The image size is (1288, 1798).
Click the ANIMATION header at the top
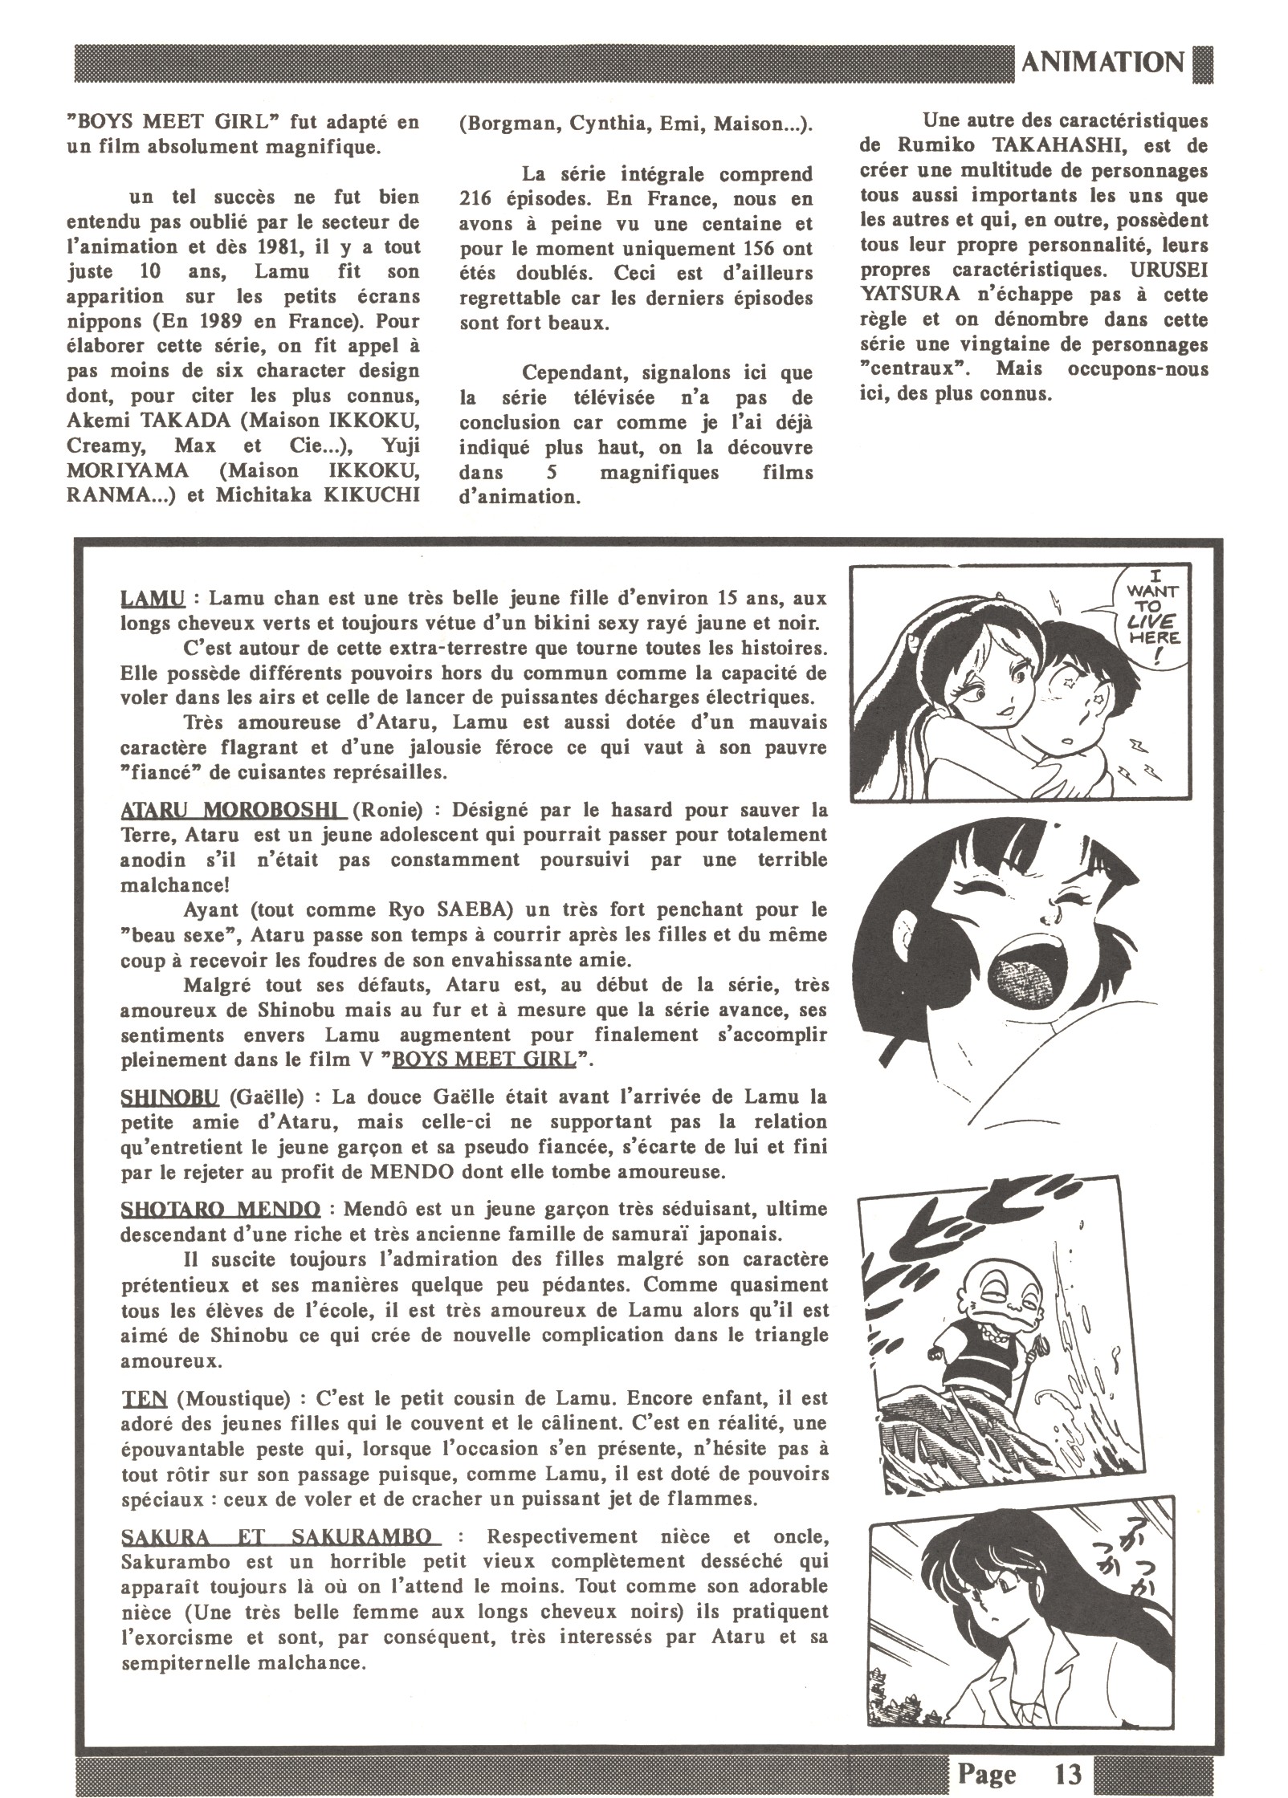coord(1103,63)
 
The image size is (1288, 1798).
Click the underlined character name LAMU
coord(152,600)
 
